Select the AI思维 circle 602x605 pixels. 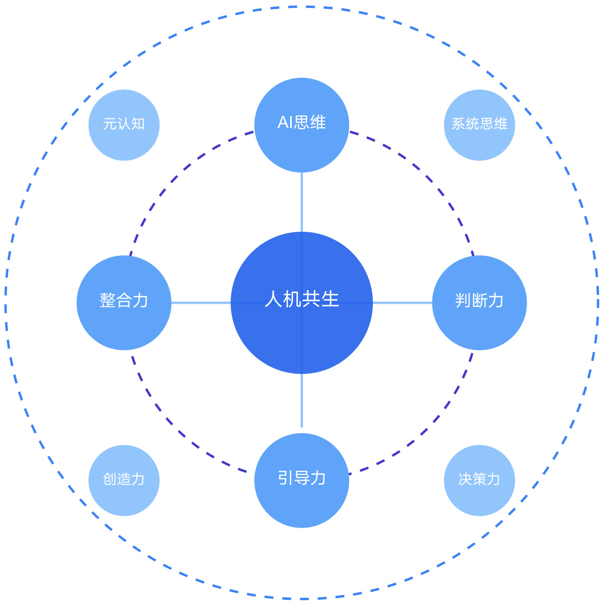[302, 142]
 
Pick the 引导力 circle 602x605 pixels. [302, 500]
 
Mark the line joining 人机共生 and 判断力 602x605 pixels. [402, 303]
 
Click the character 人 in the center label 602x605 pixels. [273, 299]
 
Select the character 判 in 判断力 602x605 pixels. [463, 301]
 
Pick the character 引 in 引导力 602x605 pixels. [285, 478]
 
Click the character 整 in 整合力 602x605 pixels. [107, 301]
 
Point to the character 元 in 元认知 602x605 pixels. [110, 124]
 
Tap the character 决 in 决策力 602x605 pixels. [465, 479]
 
